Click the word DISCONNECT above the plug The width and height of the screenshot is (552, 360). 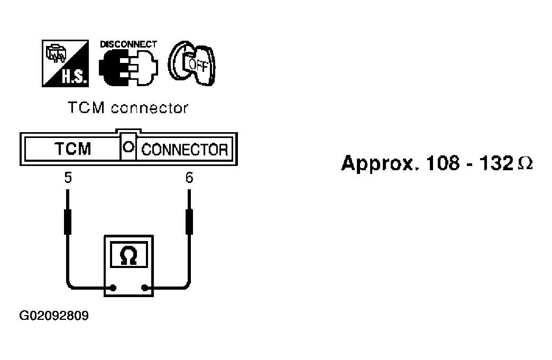click(128, 44)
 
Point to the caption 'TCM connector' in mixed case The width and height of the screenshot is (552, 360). click(128, 108)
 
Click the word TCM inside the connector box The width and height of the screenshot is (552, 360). click(73, 149)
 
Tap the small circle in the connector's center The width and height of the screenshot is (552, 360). click(127, 149)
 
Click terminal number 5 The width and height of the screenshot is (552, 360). click(68, 178)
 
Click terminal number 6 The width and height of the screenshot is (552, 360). click(189, 178)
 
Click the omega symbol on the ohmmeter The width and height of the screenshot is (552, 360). click(128, 256)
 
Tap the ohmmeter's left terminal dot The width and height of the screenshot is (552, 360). click(112, 289)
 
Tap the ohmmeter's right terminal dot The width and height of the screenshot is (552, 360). click(144, 289)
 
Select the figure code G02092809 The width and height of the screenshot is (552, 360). click(54, 317)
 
